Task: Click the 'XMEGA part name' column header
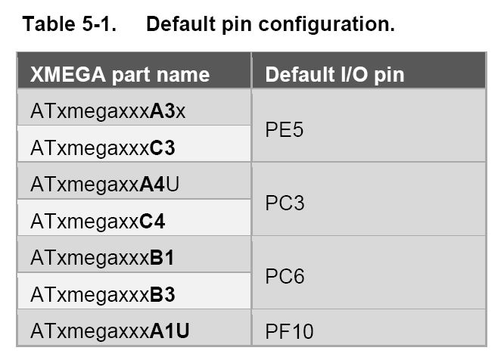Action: pyautogui.click(x=120, y=75)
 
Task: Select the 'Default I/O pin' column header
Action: pyautogui.click(x=334, y=75)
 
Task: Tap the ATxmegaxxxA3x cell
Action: pyautogui.click(x=108, y=111)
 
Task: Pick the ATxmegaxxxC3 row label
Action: pyautogui.click(x=103, y=148)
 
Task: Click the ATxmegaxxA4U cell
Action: pyautogui.click(x=104, y=185)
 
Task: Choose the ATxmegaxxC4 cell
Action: pyautogui.click(x=98, y=222)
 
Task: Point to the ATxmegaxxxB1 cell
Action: pyautogui.click(x=102, y=258)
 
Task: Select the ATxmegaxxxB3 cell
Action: pyautogui.click(x=103, y=294)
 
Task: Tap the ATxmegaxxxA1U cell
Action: pyautogui.click(x=110, y=331)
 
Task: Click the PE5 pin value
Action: pyautogui.click(x=284, y=130)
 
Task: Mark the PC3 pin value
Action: pyautogui.click(x=285, y=203)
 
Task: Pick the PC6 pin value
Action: pyautogui.click(x=285, y=276)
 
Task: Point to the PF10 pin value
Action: pyautogui.click(x=289, y=331)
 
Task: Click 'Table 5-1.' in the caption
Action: pyautogui.click(x=70, y=24)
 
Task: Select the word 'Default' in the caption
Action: pyautogui.click(x=181, y=24)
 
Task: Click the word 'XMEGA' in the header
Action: pyautogui.click(x=68, y=75)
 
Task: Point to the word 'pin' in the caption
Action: pyautogui.click(x=237, y=26)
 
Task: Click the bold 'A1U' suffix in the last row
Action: pyautogui.click(x=170, y=331)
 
